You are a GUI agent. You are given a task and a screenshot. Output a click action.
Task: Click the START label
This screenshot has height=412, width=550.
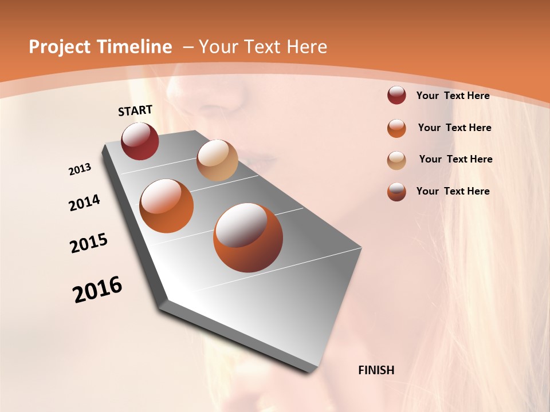[x=135, y=110]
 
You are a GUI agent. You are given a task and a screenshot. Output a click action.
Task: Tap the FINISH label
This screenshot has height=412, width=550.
[x=376, y=370]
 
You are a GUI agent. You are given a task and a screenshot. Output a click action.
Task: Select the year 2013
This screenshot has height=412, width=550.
[x=80, y=169]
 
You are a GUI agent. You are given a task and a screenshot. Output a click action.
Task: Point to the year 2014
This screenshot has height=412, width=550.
[x=84, y=203]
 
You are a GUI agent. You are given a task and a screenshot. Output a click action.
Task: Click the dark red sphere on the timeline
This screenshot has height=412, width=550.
[x=140, y=141]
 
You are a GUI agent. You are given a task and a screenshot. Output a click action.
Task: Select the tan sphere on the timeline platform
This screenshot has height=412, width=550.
[x=217, y=160]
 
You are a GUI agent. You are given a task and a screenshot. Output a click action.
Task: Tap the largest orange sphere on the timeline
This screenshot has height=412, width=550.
[x=248, y=237]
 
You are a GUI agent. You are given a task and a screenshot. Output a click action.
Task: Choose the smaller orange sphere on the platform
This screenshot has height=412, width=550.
[x=167, y=206]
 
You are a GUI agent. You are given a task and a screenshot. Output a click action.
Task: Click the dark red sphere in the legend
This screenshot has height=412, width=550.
[x=396, y=96]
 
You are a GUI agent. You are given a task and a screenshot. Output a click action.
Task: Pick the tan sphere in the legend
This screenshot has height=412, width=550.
[x=396, y=160]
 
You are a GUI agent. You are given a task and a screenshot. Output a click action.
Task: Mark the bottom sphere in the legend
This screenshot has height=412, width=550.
[x=396, y=192]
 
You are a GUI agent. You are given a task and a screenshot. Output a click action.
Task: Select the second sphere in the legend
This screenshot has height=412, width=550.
[x=396, y=128]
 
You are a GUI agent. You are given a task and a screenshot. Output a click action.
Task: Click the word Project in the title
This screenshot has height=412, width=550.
[x=60, y=47]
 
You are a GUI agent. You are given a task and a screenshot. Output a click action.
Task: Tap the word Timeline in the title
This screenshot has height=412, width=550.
[x=134, y=47]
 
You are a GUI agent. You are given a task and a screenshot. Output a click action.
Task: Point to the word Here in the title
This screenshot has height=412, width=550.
[x=306, y=47]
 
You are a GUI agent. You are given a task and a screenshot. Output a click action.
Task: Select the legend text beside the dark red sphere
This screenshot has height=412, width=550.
[x=453, y=96]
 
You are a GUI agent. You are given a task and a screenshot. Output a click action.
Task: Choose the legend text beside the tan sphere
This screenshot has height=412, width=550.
[x=455, y=159]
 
